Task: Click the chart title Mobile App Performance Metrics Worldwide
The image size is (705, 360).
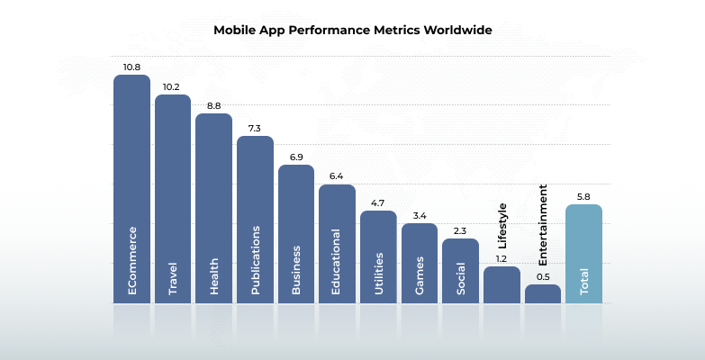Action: (353, 30)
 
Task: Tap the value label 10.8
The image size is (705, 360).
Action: (131, 67)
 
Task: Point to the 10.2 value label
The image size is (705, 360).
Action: (173, 86)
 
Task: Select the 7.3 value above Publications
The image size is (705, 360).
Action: (255, 128)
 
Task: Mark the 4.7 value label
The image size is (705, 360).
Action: (378, 202)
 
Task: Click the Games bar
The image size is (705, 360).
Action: (419, 261)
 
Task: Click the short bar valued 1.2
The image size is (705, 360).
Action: (502, 284)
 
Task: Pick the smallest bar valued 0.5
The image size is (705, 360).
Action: (543, 293)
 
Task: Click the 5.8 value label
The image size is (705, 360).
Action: (583, 195)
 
